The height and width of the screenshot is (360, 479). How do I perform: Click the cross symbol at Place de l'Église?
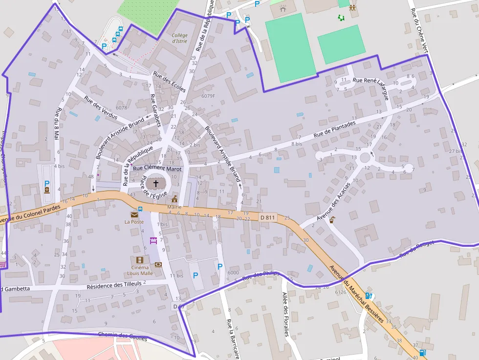156,184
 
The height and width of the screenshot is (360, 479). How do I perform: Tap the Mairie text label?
174,207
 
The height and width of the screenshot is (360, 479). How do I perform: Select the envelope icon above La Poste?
133,214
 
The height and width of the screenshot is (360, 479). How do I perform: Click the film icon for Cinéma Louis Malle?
140,260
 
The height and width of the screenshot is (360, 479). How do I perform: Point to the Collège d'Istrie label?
180,38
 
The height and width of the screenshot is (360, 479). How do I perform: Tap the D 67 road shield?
179,306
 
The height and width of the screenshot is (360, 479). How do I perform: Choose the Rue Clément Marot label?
157,169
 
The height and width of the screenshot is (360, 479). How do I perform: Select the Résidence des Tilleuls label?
114,284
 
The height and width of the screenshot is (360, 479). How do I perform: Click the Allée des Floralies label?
285,314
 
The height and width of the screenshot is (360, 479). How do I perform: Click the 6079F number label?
208,96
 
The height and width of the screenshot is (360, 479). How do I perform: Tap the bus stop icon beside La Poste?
140,209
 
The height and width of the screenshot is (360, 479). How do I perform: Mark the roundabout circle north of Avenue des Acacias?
365,158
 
